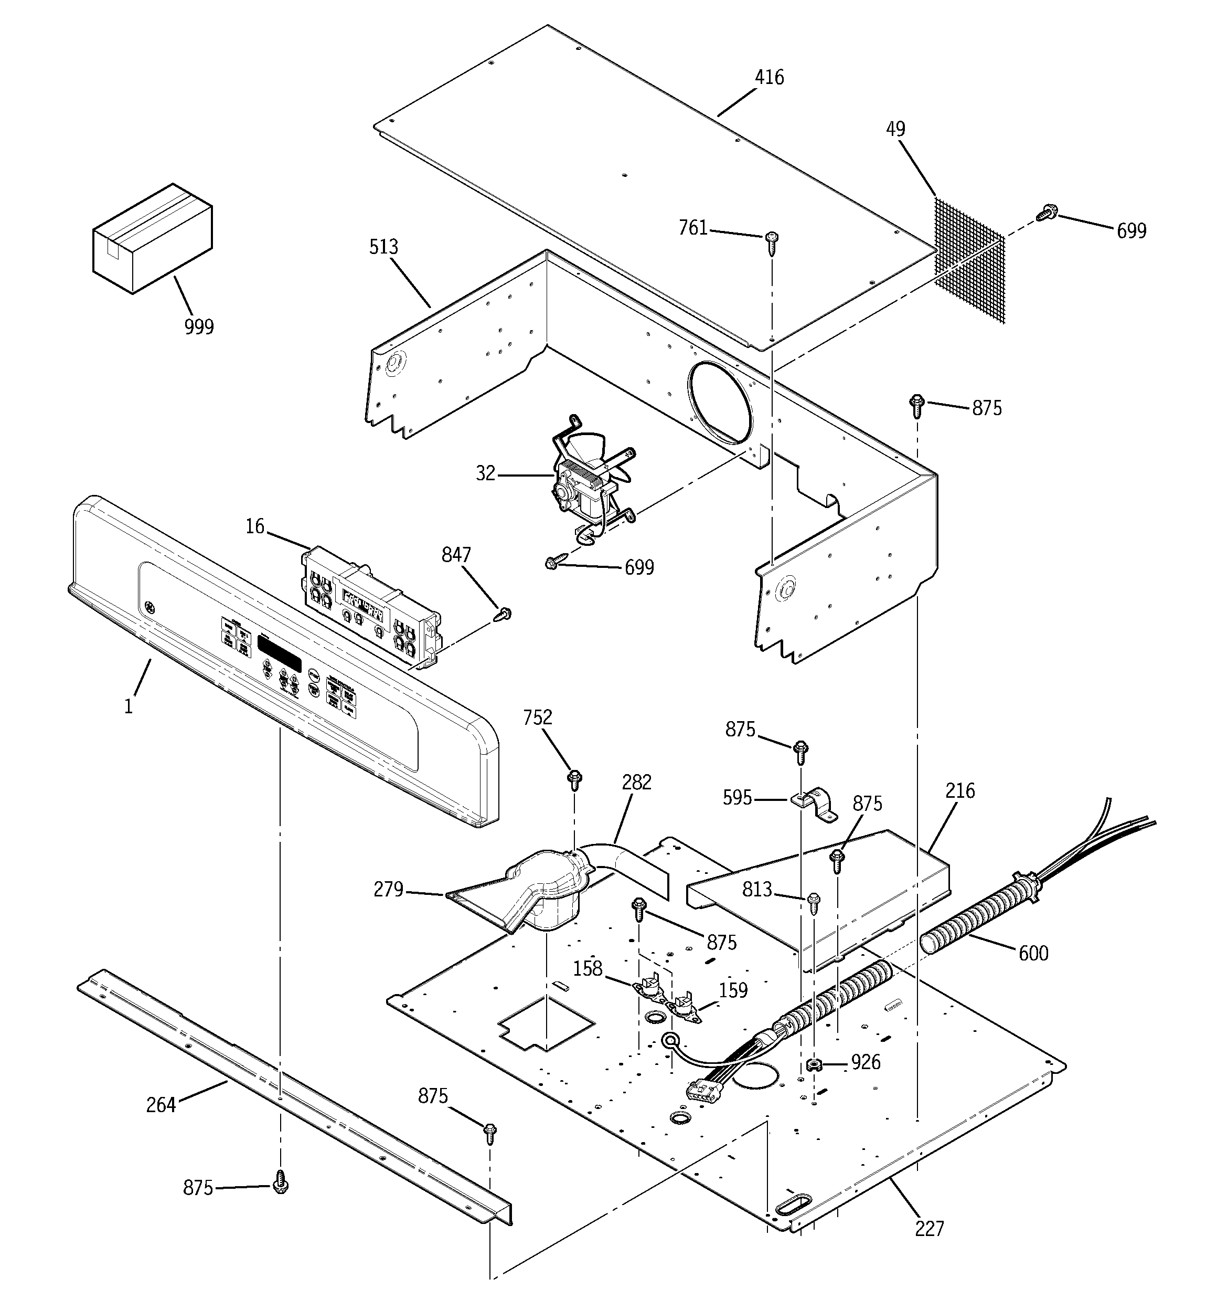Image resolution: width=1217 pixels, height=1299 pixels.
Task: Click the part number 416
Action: point(769,78)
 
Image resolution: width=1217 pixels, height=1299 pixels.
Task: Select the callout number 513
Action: point(383,247)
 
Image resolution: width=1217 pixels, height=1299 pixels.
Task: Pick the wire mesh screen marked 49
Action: point(969,261)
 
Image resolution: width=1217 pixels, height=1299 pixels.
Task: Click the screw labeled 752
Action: point(575,778)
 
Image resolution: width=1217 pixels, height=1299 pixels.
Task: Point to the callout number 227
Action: point(929,1229)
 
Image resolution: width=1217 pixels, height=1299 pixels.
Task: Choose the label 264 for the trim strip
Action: point(161,1105)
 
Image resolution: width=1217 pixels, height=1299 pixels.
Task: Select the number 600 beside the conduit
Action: point(1033,953)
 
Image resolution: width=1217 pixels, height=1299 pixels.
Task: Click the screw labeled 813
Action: point(813,904)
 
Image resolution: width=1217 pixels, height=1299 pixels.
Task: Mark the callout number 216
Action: point(959,791)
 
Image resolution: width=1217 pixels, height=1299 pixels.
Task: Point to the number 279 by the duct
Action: point(388,889)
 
